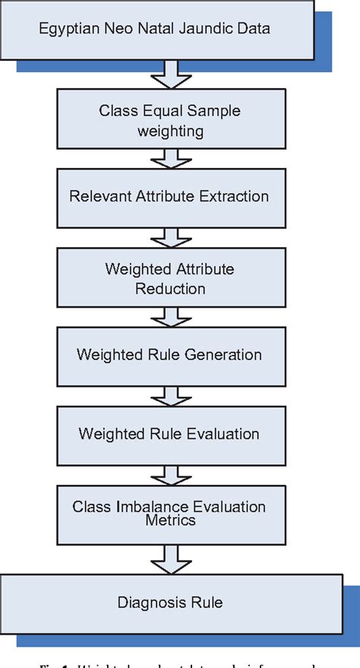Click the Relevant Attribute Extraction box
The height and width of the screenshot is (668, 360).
pos(169,197)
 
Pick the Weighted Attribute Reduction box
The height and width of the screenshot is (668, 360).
pos(169,279)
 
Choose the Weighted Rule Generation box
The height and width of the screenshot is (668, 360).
pos(169,355)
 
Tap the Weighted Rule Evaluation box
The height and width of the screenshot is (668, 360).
pos(169,434)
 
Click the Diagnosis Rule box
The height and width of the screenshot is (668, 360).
pos(169,603)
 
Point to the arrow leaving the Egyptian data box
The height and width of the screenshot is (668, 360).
pos(169,74)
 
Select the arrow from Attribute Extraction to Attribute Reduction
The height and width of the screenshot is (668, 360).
pos(169,236)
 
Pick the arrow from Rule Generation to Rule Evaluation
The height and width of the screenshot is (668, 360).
pos(169,394)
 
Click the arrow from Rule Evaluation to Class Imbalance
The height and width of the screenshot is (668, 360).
pos(169,473)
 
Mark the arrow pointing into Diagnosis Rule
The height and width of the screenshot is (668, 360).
pos(169,559)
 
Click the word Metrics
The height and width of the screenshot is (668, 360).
pos(169,521)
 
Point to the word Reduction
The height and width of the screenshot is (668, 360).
pos(170,288)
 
